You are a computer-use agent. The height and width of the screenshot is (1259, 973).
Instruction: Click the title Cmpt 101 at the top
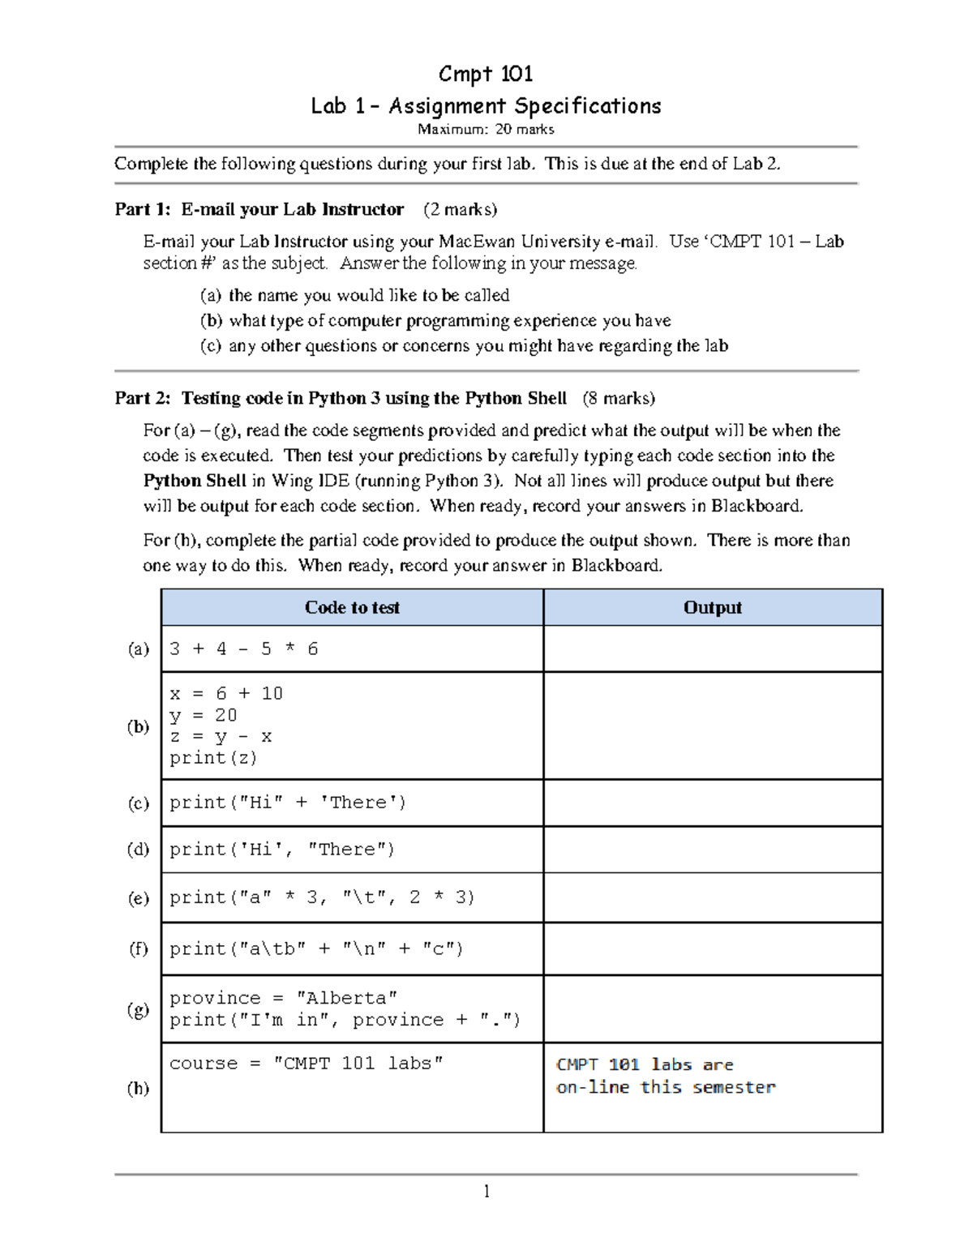[486, 75]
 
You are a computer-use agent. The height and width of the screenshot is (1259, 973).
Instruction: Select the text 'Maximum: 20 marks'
[486, 129]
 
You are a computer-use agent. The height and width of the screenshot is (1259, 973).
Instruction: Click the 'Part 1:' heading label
[142, 209]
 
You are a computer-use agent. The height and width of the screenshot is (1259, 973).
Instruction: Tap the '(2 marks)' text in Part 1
[460, 209]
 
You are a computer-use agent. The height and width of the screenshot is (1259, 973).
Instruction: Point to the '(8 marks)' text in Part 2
[619, 398]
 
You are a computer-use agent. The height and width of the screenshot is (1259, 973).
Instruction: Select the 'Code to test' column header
[352, 607]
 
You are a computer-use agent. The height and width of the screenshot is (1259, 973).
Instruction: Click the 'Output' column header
[712, 607]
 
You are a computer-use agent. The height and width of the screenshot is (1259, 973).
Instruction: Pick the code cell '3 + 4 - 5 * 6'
[244, 649]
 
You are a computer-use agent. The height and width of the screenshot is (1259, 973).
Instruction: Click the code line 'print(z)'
[213, 758]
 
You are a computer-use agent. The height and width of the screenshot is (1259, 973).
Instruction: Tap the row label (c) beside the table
[139, 803]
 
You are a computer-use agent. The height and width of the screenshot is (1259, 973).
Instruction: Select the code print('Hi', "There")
[282, 849]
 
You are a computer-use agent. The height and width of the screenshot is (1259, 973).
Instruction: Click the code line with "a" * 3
[322, 897]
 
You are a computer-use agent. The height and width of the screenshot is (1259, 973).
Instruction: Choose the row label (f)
[139, 948]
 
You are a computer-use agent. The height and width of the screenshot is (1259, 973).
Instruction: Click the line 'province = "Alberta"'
[283, 998]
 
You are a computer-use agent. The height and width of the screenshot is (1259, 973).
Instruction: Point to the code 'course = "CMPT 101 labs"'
[306, 1063]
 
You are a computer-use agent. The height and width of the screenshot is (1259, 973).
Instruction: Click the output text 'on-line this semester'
[666, 1087]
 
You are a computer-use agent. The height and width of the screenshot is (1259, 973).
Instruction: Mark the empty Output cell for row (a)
[712, 649]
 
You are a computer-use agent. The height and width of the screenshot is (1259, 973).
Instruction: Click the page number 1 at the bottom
[486, 1191]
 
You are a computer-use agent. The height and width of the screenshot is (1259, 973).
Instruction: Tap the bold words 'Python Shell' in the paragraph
[195, 481]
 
